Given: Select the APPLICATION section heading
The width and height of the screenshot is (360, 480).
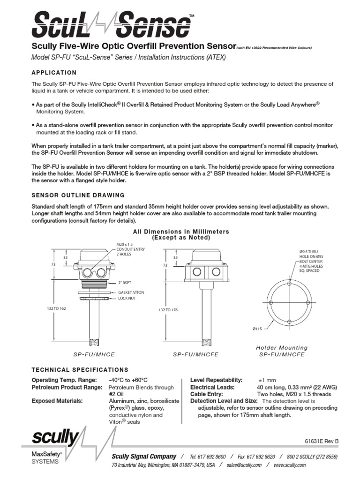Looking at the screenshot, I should [x=53, y=73].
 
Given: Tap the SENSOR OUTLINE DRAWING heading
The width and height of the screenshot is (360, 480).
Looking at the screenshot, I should [x=78, y=195].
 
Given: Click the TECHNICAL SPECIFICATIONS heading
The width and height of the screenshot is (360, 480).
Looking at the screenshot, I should [x=80, y=370].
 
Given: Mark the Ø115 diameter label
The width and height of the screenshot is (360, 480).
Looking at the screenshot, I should [x=258, y=328].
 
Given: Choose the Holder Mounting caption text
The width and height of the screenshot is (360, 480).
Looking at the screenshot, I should [x=282, y=348].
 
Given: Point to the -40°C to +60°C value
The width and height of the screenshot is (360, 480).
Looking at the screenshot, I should [x=128, y=380].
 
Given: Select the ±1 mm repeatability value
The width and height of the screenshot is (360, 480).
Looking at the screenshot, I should [x=268, y=380].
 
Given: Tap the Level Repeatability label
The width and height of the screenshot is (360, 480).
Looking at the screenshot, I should [x=216, y=380].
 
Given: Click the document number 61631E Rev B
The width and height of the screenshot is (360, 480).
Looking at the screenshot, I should [x=322, y=442].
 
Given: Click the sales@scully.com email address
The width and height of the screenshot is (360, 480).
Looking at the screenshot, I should [x=243, y=465].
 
